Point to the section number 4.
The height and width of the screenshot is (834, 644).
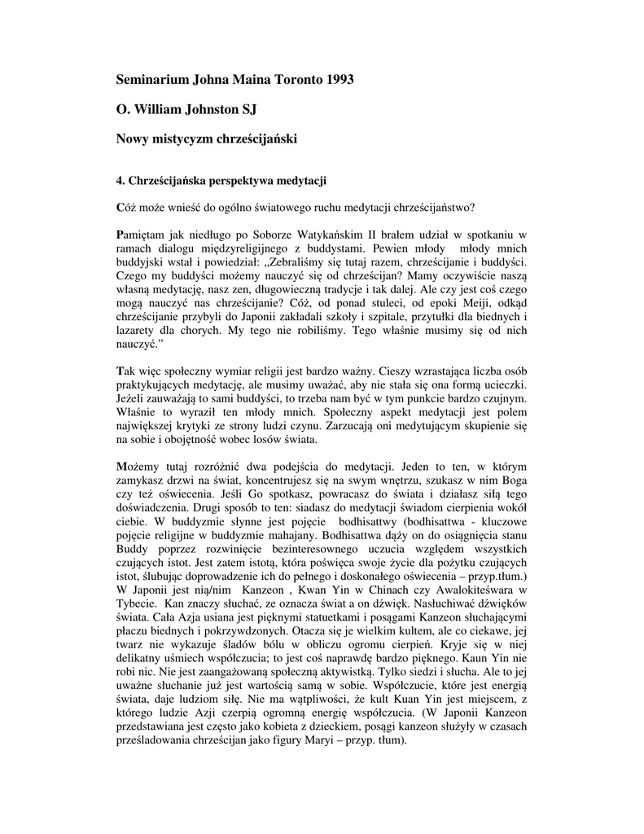tap(121, 180)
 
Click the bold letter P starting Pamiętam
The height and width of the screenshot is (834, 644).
tap(120, 235)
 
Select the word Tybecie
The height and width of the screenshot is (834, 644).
tap(136, 605)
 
